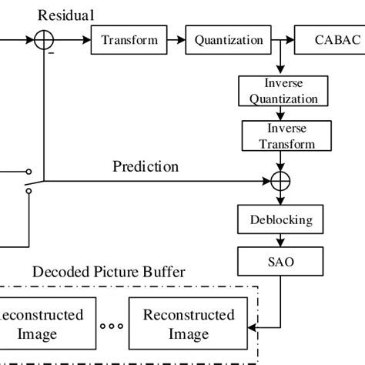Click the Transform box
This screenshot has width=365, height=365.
(x=129, y=40)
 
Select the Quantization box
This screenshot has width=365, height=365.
(x=228, y=40)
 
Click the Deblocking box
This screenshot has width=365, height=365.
(x=281, y=219)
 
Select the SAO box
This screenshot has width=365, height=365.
(x=281, y=262)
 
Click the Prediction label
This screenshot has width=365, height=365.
(x=146, y=166)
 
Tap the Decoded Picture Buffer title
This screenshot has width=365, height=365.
(x=109, y=273)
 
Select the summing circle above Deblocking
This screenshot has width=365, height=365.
(x=281, y=182)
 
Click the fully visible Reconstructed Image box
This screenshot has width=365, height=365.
(x=189, y=324)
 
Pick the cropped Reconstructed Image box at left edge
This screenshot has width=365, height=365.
(x=44, y=324)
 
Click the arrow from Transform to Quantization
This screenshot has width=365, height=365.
(x=176, y=40)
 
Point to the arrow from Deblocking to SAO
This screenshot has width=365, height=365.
(x=281, y=240)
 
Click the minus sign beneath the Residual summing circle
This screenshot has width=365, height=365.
(x=51, y=54)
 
